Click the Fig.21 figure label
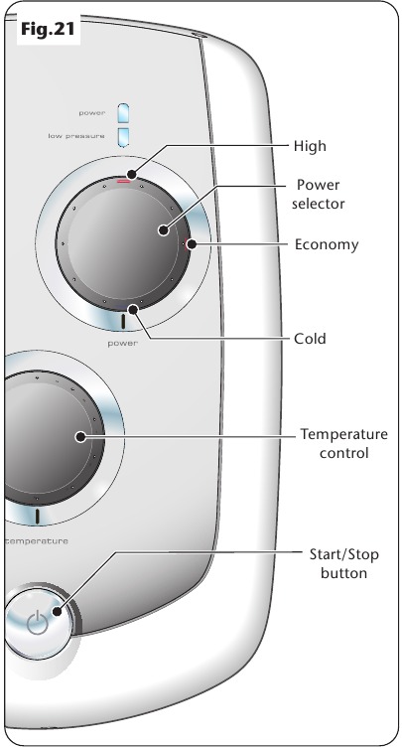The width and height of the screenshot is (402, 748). [x=48, y=29]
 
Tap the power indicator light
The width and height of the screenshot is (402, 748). [x=123, y=113]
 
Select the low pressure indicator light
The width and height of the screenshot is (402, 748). [x=123, y=137]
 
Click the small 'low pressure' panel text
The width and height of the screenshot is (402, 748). [x=76, y=136]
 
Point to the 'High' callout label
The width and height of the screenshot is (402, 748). [x=310, y=145]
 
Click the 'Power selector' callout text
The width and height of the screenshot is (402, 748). [x=318, y=194]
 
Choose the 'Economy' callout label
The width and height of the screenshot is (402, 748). [x=327, y=244]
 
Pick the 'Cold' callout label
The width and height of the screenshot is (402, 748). [x=310, y=339]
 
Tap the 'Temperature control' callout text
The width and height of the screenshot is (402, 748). [x=343, y=443]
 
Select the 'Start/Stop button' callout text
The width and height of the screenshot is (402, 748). [x=343, y=563]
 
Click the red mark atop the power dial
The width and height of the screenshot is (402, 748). [x=124, y=181]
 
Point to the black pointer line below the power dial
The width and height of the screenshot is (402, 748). [x=123, y=322]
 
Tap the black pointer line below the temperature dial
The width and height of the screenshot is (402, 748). [x=37, y=517]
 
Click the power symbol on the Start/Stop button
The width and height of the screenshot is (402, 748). [x=37, y=623]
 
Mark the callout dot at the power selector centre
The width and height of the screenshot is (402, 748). [x=164, y=230]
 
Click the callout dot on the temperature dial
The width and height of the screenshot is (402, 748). [x=81, y=436]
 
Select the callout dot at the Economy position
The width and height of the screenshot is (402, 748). [x=192, y=244]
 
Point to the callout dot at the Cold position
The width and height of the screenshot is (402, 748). [x=134, y=310]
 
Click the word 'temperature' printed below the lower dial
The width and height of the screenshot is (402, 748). [x=37, y=541]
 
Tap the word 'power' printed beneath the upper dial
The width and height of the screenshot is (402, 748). [x=122, y=343]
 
